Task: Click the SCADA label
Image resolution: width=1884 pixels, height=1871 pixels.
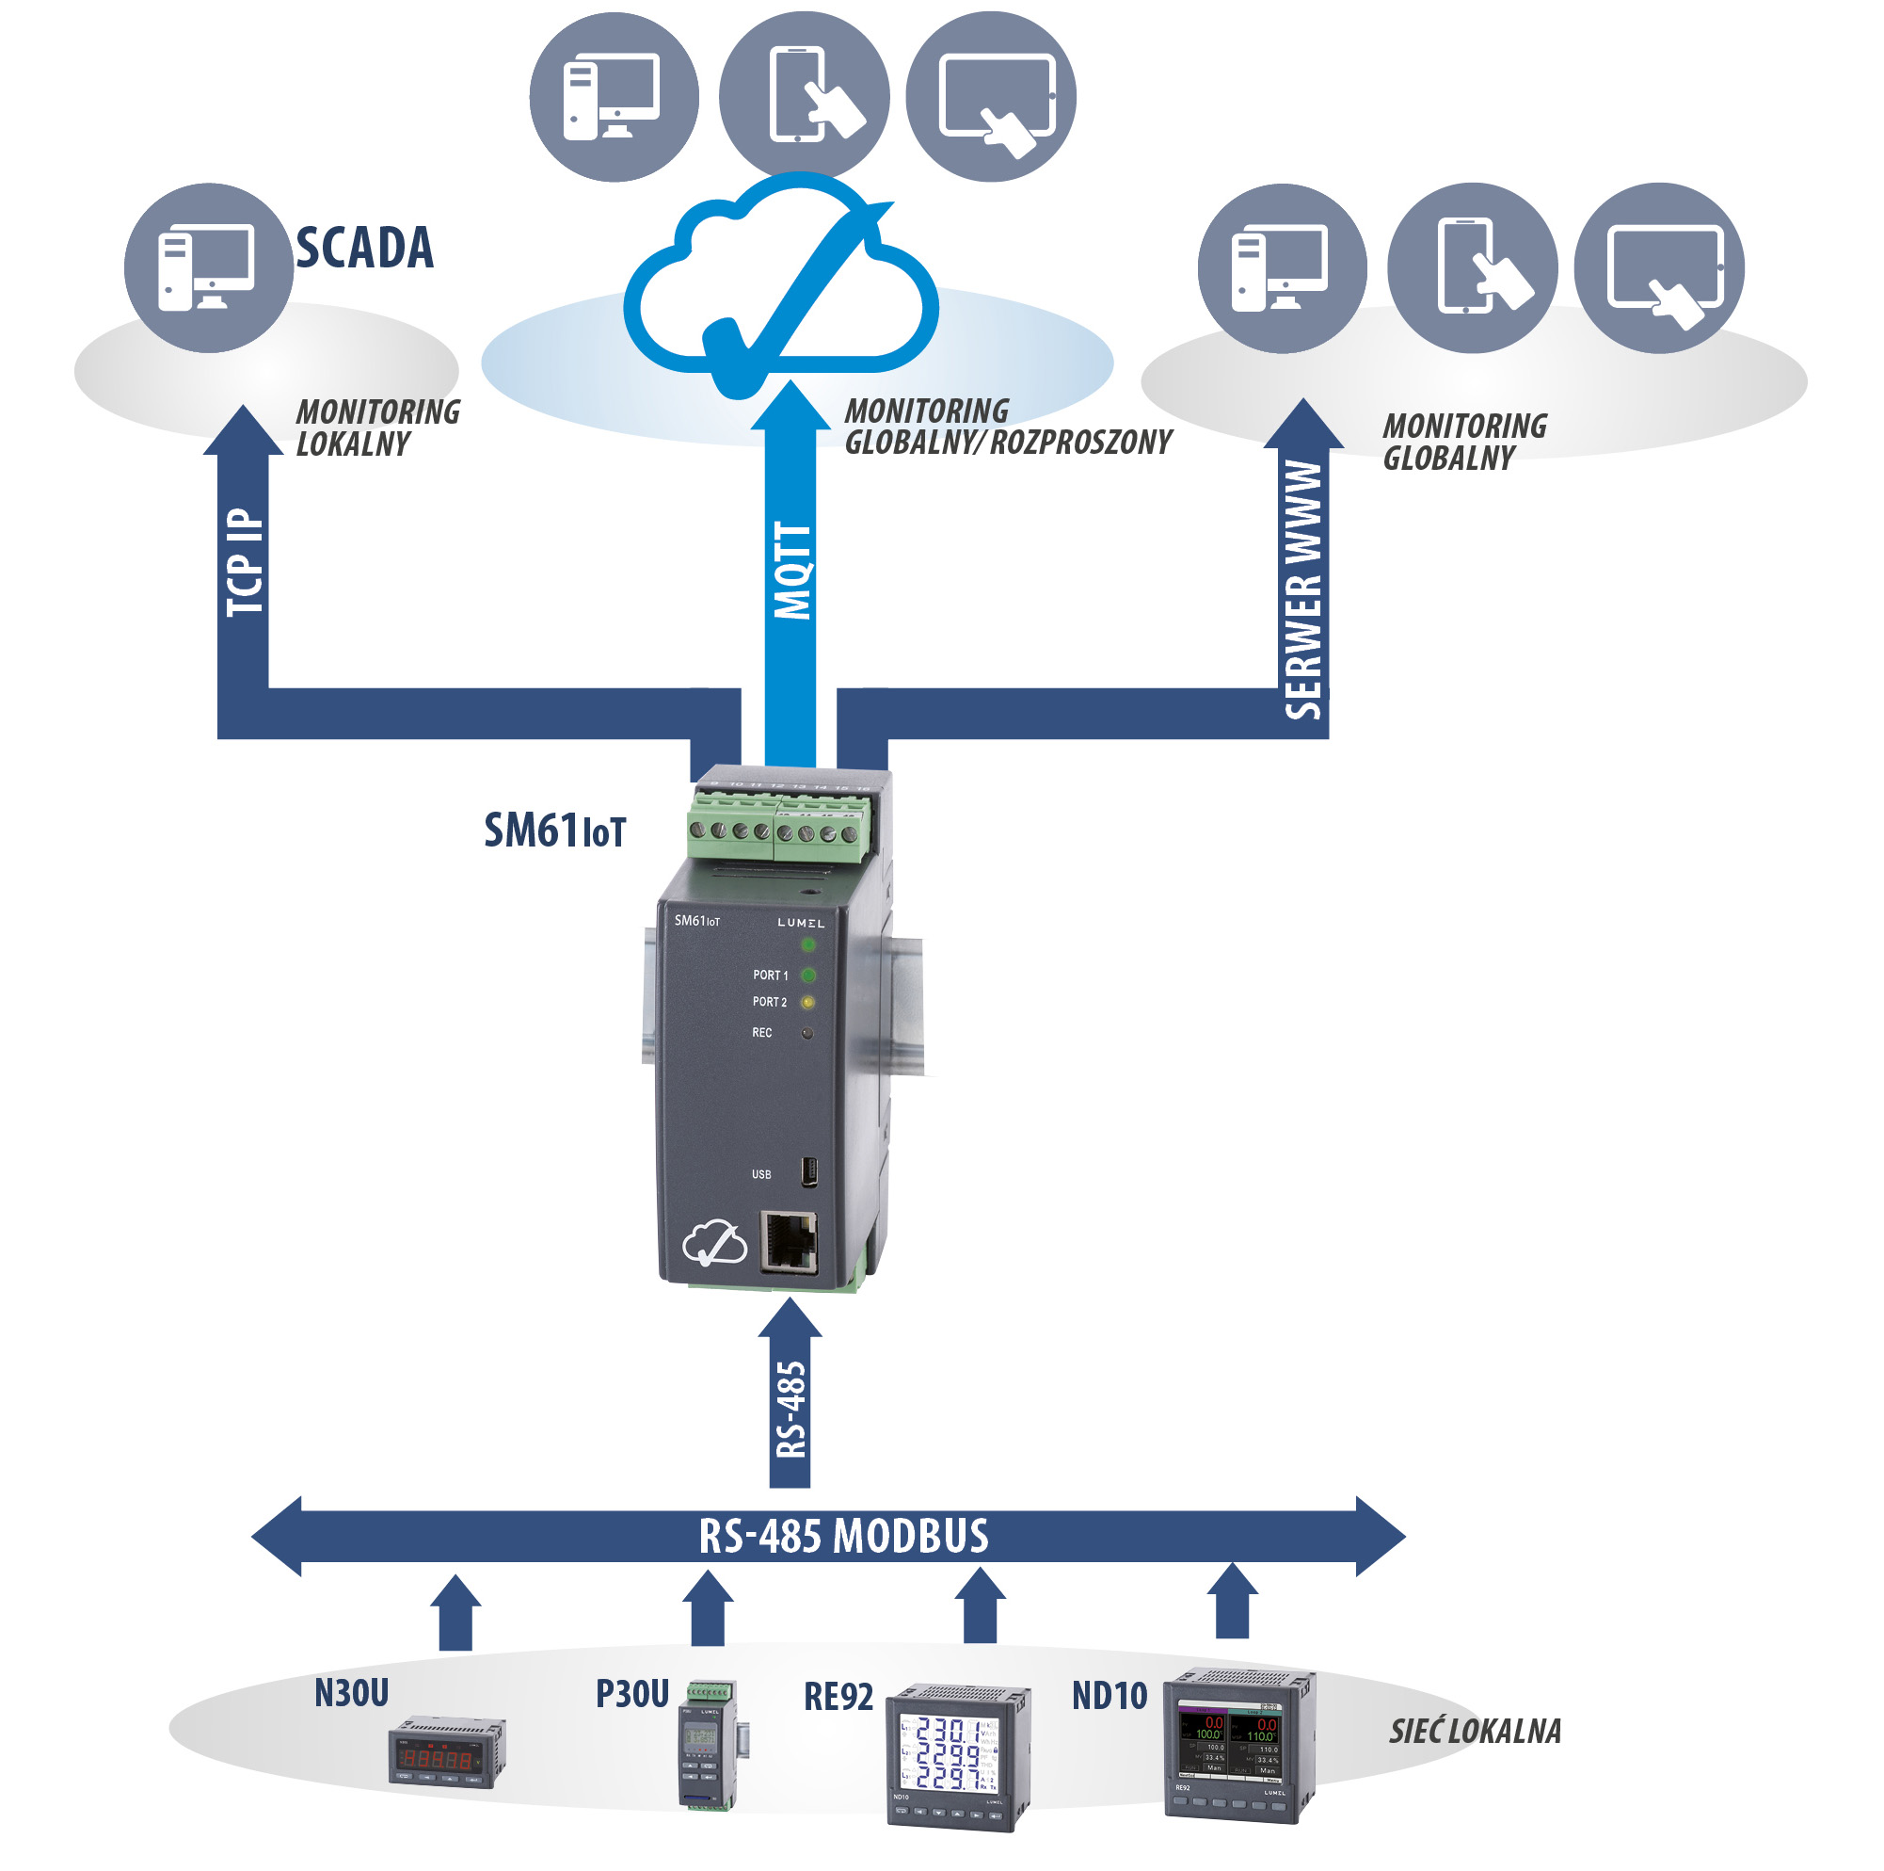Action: click(365, 248)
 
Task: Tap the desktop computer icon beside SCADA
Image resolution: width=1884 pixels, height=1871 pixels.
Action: click(208, 268)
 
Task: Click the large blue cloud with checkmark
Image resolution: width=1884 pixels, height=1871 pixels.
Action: click(780, 282)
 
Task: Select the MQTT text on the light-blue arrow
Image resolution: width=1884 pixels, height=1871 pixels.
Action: click(791, 571)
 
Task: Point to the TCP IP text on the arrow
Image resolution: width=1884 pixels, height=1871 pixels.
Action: click(245, 563)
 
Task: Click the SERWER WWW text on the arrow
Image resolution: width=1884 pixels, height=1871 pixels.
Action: click(1303, 590)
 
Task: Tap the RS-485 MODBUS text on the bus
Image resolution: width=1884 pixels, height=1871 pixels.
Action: click(843, 1537)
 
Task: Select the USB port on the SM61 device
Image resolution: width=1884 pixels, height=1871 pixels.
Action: click(808, 1172)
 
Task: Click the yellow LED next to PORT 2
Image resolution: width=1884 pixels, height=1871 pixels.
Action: click(807, 1002)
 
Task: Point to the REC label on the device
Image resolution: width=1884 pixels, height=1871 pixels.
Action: click(761, 1033)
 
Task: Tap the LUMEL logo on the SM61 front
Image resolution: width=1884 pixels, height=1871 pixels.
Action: click(801, 923)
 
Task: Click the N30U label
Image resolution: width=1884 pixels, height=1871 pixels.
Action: click(351, 1693)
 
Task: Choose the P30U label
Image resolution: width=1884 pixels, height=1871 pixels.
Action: click(631, 1694)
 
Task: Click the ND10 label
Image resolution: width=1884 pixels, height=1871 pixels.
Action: click(1109, 1697)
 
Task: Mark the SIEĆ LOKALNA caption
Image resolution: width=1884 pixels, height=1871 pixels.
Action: click(1475, 1732)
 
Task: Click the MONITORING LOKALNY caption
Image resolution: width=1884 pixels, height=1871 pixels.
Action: click(377, 427)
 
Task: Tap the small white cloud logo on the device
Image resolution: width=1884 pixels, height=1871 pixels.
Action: click(714, 1243)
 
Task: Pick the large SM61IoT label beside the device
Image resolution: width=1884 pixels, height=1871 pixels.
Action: click(555, 831)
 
